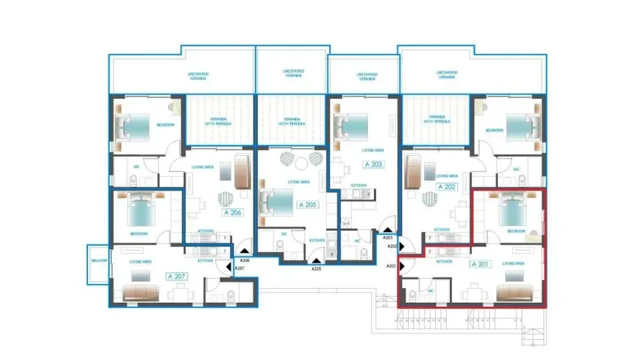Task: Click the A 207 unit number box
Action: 176,275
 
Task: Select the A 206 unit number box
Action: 231,214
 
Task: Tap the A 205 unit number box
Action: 307,205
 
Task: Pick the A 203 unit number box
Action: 374,164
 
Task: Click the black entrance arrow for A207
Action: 229,268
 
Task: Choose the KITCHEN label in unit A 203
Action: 359,185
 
